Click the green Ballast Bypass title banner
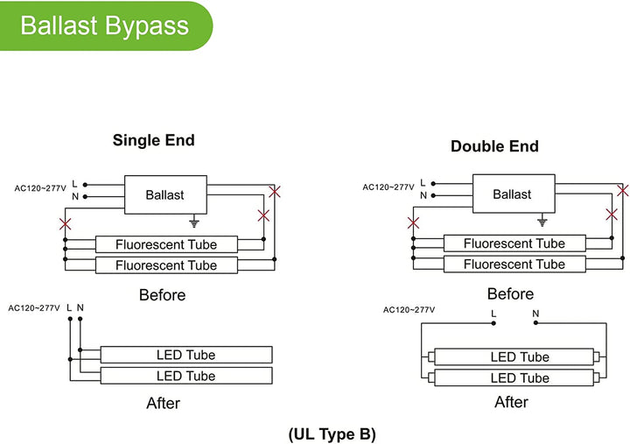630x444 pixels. tap(105, 25)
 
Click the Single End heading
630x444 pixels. tap(153, 140)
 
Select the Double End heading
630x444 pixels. tap(494, 146)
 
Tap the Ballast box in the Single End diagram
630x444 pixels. tap(164, 194)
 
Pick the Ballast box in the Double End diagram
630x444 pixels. tap(512, 194)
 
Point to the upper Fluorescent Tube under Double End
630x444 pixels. tap(514, 243)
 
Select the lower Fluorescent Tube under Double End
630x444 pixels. tap(514, 264)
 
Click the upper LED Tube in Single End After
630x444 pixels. tap(185, 355)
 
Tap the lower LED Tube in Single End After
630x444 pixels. tap(185, 377)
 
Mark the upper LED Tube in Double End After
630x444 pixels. tap(520, 357)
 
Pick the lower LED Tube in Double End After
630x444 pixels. tap(520, 378)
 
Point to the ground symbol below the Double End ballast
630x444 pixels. tap(542, 222)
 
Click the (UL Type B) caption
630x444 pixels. tap(333, 433)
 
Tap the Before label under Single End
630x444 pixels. tap(163, 295)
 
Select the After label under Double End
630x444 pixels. tap(511, 402)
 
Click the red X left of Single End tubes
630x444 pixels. tap(64, 222)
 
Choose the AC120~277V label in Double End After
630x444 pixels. tap(409, 310)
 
